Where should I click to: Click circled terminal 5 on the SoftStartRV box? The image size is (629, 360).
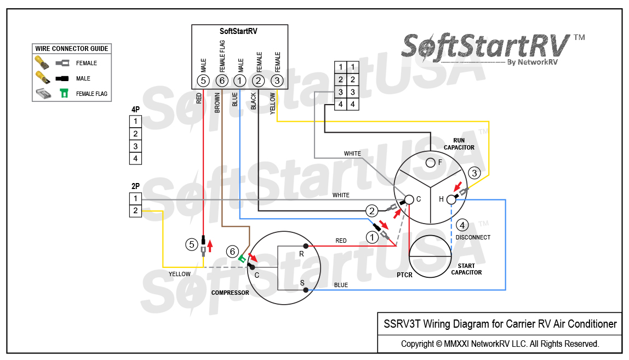click(203, 81)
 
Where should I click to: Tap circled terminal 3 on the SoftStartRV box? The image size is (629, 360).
click(278, 81)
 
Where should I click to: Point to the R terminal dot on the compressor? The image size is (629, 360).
click(306, 246)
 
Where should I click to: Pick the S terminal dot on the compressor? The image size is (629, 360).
click(306, 289)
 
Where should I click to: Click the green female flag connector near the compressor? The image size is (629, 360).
click(242, 259)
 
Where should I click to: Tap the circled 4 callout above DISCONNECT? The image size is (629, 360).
click(462, 225)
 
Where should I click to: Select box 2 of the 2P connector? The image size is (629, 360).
click(135, 210)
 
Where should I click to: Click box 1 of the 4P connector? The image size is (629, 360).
click(135, 121)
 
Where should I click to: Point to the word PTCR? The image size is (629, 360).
click(404, 275)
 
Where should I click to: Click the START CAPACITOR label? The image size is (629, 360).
click(466, 269)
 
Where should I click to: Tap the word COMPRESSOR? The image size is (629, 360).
click(230, 293)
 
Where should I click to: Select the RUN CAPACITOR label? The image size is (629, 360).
click(459, 144)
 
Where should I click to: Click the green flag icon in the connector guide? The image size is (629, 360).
click(64, 93)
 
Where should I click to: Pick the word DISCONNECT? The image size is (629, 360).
click(473, 237)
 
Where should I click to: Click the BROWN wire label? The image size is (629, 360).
click(218, 102)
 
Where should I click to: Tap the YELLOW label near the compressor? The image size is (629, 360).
click(180, 274)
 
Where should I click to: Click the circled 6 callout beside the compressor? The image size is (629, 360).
click(233, 252)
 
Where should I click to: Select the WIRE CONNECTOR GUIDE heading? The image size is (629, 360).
click(72, 49)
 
